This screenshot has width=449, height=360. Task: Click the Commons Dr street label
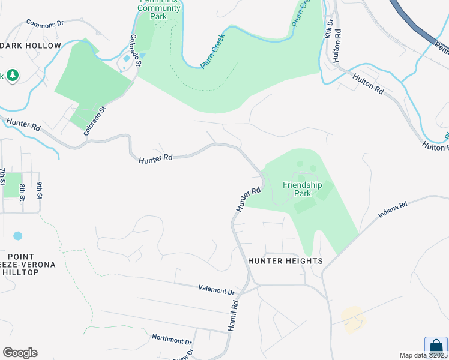[x=45, y=23]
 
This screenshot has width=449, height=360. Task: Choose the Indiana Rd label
[x=393, y=209]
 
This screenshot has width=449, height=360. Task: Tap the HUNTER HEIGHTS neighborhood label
[x=285, y=261]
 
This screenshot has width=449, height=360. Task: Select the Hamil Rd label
[x=234, y=314]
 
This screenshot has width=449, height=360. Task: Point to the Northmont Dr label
[x=171, y=338]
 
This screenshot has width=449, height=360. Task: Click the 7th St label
[x=4, y=180]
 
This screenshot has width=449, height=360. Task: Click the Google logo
[x=20, y=353]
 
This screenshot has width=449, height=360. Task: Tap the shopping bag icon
[x=436, y=346]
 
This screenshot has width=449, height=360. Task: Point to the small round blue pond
[x=17, y=236]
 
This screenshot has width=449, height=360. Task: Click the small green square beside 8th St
[x=12, y=185]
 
